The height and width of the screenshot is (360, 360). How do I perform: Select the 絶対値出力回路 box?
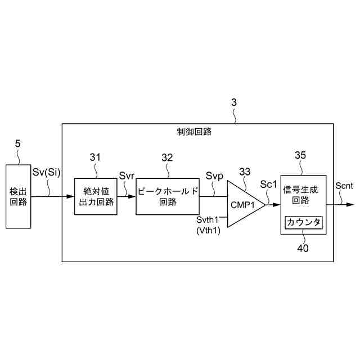pyautogui.click(x=95, y=196)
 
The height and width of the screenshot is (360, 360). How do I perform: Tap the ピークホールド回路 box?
pyautogui.click(x=168, y=196)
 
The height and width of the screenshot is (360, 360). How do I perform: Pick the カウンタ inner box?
pyautogui.click(x=303, y=223)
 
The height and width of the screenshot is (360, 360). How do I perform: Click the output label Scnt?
pyautogui.click(x=344, y=186)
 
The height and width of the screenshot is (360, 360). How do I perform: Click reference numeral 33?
pyautogui.click(x=245, y=171)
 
